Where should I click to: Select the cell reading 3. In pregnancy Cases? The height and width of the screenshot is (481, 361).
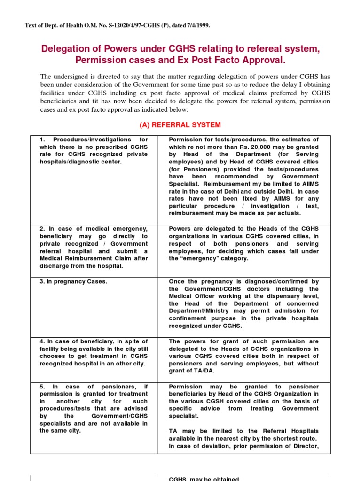point(74,282)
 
